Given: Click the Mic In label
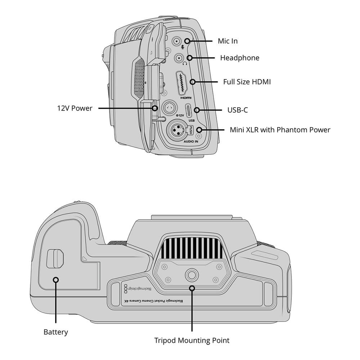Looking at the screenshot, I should tap(228, 41).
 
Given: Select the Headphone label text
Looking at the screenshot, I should tap(239, 58).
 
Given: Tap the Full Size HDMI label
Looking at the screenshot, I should tap(247, 82).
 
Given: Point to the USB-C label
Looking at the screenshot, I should tap(237, 110).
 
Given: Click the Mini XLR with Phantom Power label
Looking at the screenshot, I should tap(280, 130).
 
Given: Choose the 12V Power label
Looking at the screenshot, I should tap(75, 108).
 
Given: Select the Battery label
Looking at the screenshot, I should tap(55, 332).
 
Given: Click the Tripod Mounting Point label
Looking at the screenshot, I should tap(192, 340).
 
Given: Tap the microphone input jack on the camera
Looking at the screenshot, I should tap(176, 42).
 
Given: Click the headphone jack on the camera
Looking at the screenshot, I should tap(179, 58).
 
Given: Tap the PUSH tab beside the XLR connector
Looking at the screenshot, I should tap(191, 130).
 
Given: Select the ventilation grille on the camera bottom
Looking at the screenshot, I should tap(192, 248).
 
